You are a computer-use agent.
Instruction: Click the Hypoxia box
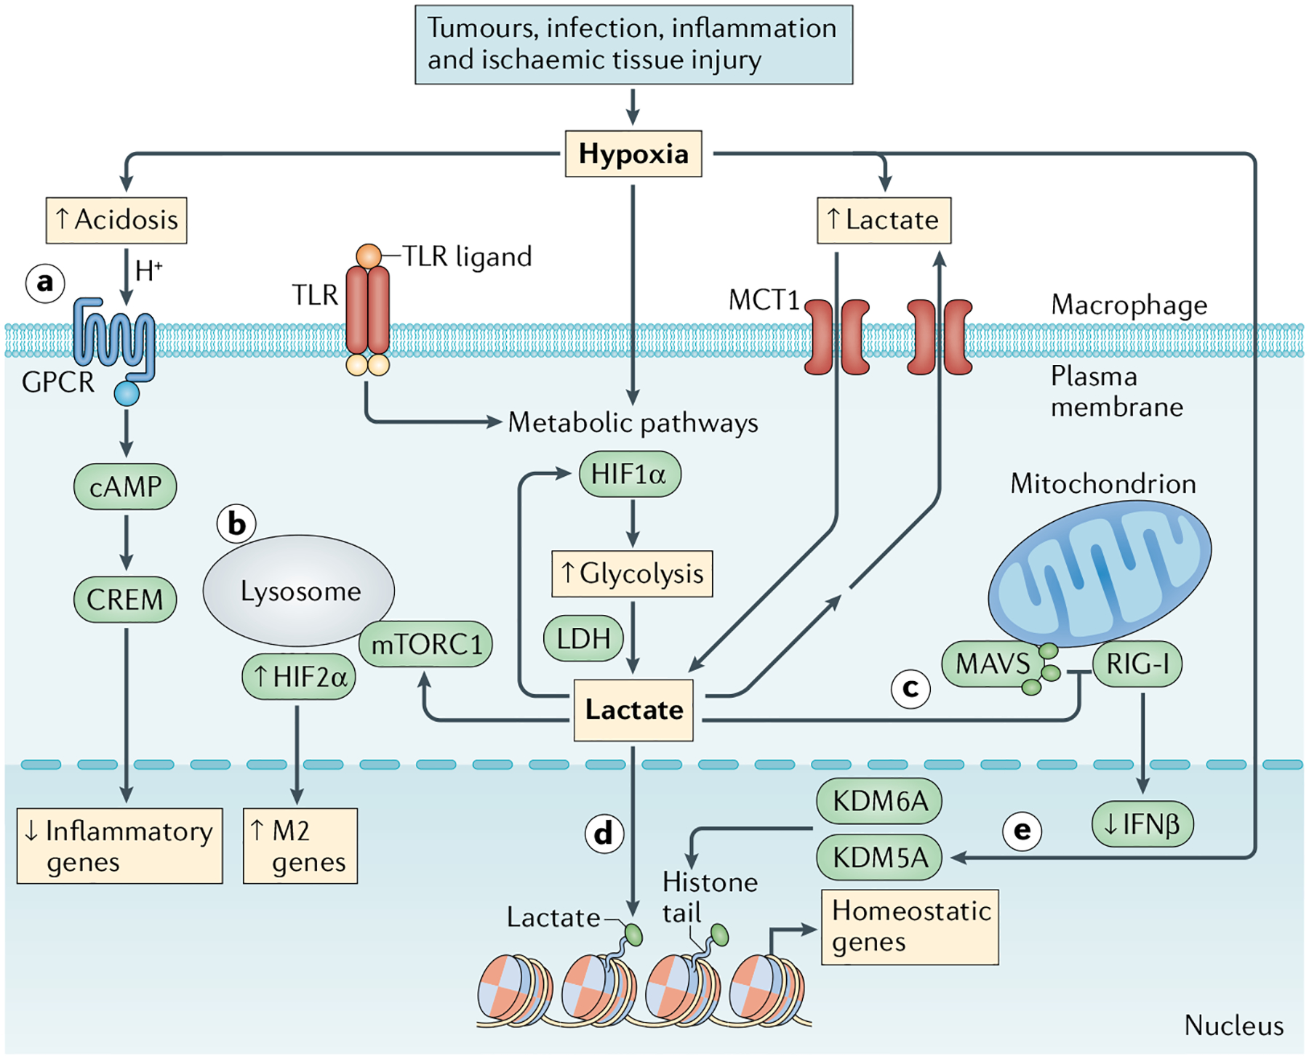[633, 154]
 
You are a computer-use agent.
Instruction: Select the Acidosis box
[116, 220]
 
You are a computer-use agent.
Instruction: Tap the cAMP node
[125, 486]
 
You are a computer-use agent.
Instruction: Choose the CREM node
[125, 600]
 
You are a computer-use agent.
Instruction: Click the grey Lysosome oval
[299, 590]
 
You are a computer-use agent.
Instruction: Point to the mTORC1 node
[427, 644]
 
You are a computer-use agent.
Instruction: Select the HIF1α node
[630, 475]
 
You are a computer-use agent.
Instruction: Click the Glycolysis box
[632, 574]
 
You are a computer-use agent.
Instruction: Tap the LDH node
[583, 639]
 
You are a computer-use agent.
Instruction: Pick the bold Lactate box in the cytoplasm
[633, 709]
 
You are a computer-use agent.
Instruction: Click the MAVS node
[992, 664]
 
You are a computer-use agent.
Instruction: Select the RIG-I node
[1137, 664]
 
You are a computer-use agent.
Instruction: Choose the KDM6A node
[879, 801]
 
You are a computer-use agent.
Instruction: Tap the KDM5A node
[879, 858]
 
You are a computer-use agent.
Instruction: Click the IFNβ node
[1142, 824]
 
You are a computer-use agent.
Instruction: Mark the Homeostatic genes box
[910, 927]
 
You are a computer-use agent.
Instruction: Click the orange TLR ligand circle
[369, 256]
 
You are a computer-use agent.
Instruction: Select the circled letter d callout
[604, 833]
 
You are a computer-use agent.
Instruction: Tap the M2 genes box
[300, 846]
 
